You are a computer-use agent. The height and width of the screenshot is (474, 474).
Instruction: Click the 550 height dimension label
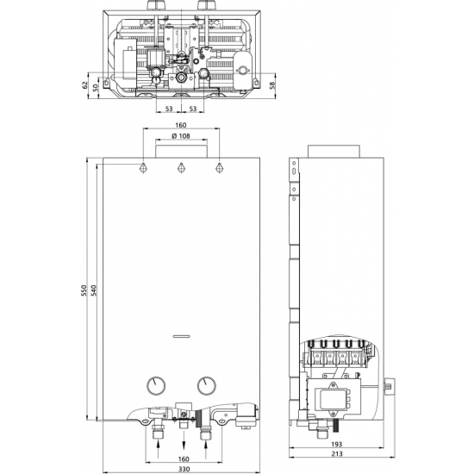click(84, 290)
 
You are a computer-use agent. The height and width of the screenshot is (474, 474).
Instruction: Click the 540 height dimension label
click(93, 290)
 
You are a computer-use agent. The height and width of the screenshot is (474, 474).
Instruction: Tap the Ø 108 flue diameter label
click(181, 136)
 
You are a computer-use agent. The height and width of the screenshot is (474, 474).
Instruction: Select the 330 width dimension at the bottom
click(184, 469)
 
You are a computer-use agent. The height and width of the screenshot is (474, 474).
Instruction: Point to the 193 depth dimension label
click(336, 444)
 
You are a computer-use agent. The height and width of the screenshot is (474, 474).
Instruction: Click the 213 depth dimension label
click(337, 453)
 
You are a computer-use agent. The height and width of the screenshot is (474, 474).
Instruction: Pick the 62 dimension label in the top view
click(85, 85)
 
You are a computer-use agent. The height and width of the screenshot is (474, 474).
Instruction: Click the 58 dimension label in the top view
click(272, 85)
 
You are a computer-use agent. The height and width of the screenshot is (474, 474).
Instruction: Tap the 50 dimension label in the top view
click(96, 88)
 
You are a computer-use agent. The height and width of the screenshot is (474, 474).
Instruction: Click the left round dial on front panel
click(156, 386)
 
